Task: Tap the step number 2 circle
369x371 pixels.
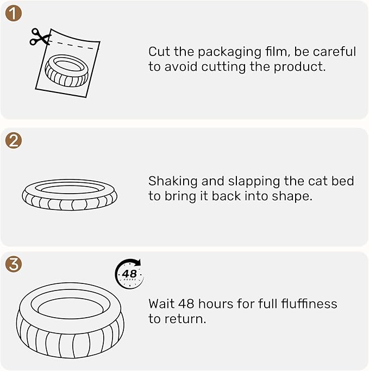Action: tap(14, 140)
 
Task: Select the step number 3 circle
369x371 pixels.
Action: tap(14, 264)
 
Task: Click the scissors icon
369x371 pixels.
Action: tap(40, 36)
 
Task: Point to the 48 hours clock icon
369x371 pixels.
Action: tap(129, 273)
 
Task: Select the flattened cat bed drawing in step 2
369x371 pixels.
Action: tap(70, 194)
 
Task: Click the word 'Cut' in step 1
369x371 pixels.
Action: tap(159, 52)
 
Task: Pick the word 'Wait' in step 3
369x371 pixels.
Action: tap(162, 303)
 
